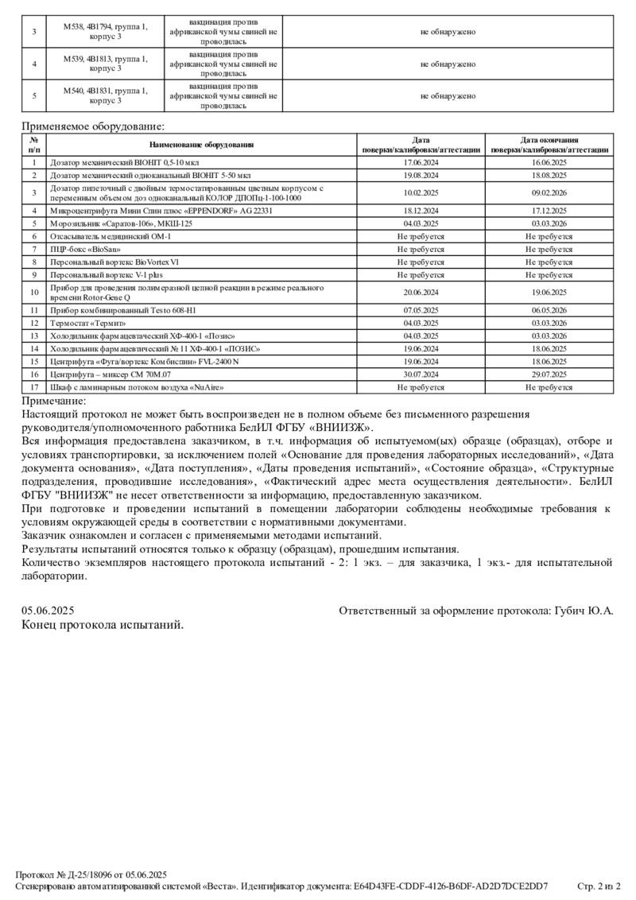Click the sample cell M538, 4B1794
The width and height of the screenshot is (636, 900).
106,32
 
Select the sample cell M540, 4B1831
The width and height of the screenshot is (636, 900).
106,96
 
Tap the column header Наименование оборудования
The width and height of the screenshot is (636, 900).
201,145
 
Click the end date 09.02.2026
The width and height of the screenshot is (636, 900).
549,192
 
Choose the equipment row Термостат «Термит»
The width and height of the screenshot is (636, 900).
88,323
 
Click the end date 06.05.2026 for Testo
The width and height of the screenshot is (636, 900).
549,310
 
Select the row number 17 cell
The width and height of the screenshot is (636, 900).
34,387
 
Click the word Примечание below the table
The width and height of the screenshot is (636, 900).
53,401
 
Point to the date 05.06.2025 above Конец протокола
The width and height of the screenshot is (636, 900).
48,611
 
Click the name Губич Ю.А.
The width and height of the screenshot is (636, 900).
589,611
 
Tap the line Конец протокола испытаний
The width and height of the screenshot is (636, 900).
103,625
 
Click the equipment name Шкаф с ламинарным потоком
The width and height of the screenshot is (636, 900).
136,387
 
